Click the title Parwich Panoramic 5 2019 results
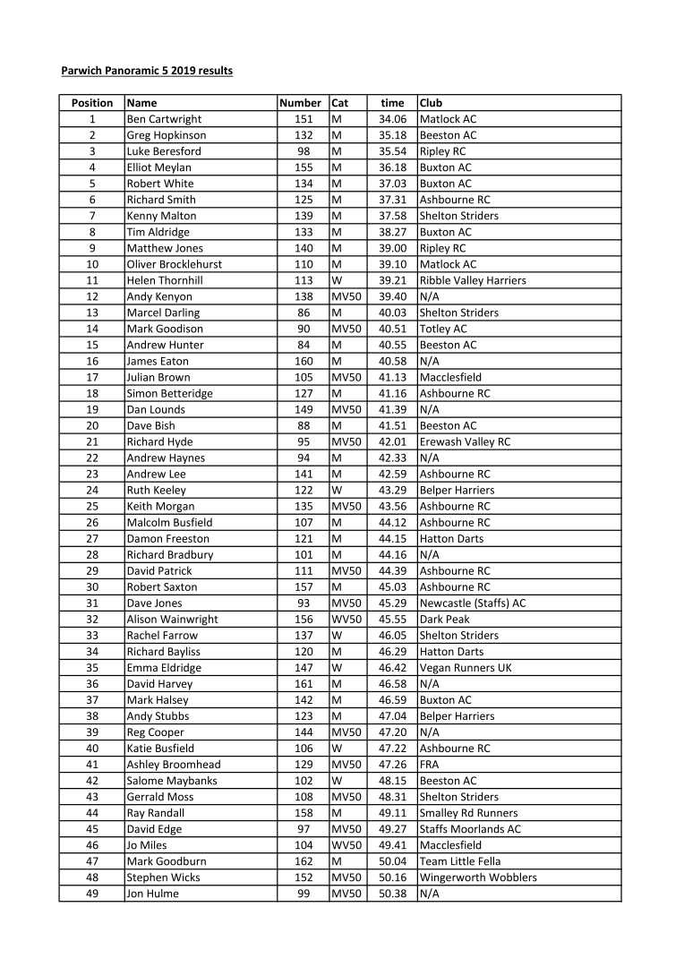tap(147, 70)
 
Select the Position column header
tap(92, 103)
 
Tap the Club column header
tap(431, 103)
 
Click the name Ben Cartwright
tap(164, 119)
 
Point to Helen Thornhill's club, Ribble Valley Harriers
tap(473, 280)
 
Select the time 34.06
tap(392, 119)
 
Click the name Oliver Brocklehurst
tap(175, 264)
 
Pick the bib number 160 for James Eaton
tap(304, 361)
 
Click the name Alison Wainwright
tap(172, 619)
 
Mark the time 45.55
tap(392, 619)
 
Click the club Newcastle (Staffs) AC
tap(473, 603)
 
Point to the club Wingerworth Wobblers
tap(478, 877)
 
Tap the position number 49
tap(92, 894)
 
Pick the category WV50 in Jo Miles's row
tap(346, 845)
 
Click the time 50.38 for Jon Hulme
tap(392, 894)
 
